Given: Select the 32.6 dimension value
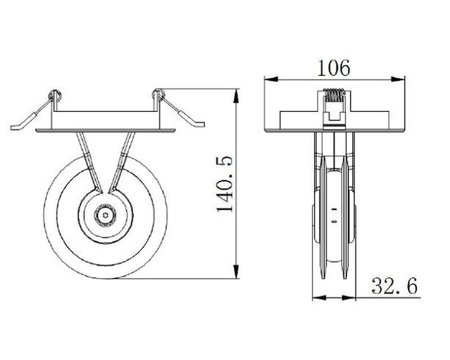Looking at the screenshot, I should tap(394, 286).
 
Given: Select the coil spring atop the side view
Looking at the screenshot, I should tap(334, 95).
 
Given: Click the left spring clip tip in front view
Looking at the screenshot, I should tap(16, 127).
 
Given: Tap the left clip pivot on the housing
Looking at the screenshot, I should tap(54, 95).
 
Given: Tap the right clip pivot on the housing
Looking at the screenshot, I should tap(157, 94).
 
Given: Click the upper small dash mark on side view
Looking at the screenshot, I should tap(334, 209).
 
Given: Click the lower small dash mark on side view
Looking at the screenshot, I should tap(334, 221).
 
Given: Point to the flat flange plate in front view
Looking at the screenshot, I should tap(105, 131).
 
